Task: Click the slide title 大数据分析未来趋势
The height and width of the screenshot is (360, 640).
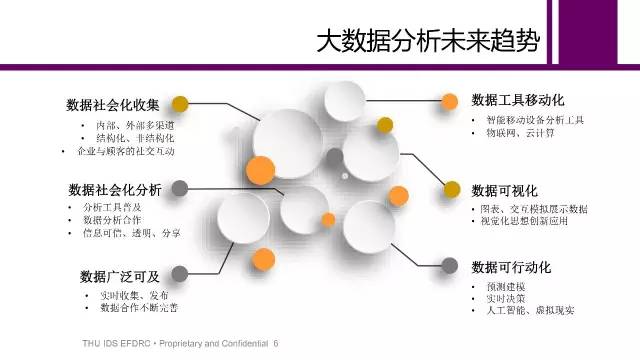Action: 428,40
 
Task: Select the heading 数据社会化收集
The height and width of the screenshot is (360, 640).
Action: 113,105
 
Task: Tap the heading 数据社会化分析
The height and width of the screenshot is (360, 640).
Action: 115,190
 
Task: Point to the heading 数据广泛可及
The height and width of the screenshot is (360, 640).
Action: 120,276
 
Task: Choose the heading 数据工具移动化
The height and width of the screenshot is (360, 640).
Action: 518,100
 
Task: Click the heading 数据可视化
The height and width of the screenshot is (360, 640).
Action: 504,191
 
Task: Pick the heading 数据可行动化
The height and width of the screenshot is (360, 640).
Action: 511,267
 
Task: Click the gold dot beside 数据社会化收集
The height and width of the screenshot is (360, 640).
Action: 180,104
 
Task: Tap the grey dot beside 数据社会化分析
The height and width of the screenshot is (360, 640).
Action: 180,189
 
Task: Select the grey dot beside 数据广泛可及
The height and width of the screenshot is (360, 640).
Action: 180,273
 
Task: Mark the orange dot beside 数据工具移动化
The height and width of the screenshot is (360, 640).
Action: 450,101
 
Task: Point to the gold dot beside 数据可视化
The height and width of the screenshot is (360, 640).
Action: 452,189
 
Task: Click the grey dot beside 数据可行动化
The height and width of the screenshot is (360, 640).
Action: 450,266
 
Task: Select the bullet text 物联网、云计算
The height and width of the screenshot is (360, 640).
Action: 520,133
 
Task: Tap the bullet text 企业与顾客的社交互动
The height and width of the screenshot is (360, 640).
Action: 126,151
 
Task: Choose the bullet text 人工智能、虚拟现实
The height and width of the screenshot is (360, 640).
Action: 531,310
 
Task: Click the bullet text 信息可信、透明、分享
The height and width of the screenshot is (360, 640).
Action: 131,233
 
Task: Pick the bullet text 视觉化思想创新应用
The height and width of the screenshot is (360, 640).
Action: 524,221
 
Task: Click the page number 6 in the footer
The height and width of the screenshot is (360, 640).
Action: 276,343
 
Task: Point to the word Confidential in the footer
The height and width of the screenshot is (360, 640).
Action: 243,343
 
